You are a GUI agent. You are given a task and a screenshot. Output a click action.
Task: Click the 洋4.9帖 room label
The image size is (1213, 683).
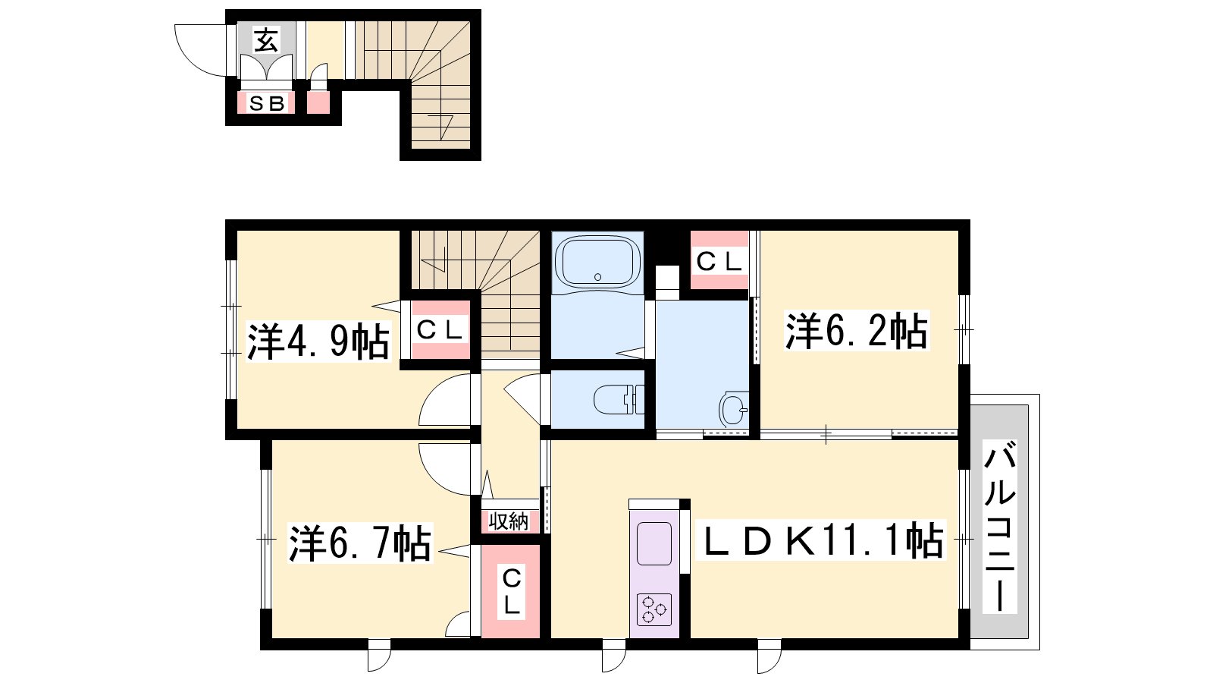click(x=318, y=341)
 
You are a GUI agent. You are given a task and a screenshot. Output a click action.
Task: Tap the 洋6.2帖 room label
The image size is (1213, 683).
click(x=857, y=330)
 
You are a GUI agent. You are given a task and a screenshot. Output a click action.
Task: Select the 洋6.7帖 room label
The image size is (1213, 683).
click(x=360, y=543)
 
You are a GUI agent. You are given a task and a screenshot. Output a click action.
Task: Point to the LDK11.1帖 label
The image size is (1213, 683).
click(x=822, y=540)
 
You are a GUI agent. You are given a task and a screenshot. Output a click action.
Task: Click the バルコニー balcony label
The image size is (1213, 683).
click(x=1000, y=527)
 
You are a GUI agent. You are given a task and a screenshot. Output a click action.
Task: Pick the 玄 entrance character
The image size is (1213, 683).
click(x=266, y=40)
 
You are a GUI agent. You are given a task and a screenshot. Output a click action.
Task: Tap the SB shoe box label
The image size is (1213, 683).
click(x=266, y=103)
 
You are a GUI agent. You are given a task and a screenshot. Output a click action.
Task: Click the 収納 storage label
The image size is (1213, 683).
click(x=508, y=521)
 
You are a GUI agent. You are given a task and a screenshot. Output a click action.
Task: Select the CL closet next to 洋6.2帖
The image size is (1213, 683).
click(x=719, y=262)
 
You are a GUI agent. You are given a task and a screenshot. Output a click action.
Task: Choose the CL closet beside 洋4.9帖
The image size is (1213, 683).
click(x=440, y=329)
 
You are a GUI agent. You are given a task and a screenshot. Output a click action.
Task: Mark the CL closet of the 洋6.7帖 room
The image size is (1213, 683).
click(x=511, y=591)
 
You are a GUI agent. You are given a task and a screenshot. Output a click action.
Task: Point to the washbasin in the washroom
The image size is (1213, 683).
click(x=733, y=408)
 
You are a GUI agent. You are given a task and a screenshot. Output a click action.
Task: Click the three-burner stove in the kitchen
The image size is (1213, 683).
click(x=654, y=610)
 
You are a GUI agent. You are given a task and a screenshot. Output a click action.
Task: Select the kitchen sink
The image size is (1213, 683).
click(x=654, y=543)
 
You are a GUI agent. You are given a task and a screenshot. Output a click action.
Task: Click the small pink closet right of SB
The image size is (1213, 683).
click(x=318, y=102)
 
